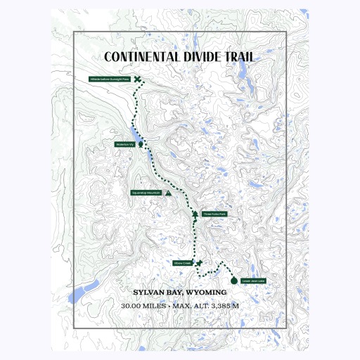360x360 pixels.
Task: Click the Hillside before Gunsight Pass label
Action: click(x=110, y=79)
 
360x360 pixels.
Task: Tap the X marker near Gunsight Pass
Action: click(x=138, y=79)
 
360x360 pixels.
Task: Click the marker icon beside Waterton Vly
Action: click(x=141, y=144)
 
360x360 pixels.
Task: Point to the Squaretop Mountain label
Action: click(x=146, y=192)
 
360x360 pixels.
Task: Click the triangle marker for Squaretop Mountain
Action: click(x=168, y=192)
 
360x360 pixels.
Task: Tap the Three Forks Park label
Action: click(x=214, y=214)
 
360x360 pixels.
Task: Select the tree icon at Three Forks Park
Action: click(x=195, y=214)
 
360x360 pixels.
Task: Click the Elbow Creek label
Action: click(x=182, y=263)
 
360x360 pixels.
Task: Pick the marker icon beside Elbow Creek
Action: click(x=199, y=263)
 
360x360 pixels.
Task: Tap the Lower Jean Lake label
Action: click(x=253, y=281)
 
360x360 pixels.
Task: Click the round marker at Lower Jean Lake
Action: click(x=234, y=281)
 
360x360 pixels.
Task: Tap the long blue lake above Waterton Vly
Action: click(x=133, y=131)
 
